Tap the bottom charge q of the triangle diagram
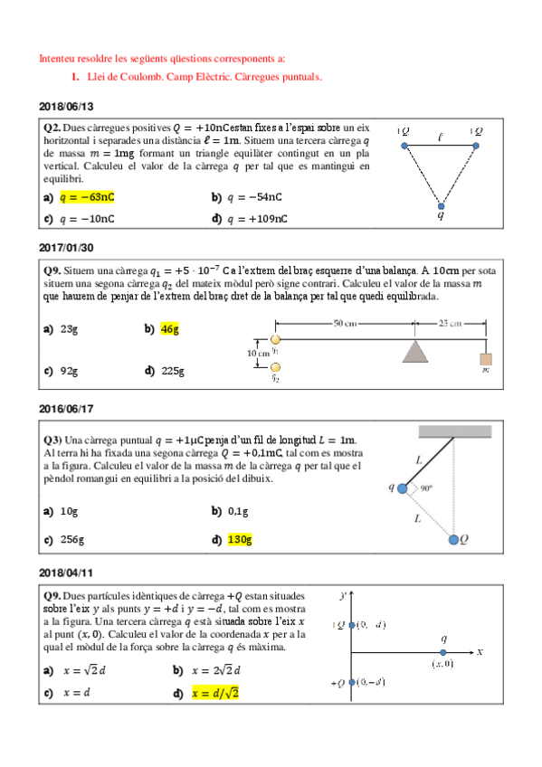[441, 204]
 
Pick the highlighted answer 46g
[169, 330]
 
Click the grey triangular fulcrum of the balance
[415, 352]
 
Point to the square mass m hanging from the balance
[486, 359]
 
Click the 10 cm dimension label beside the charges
[258, 353]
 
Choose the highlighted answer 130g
[239, 540]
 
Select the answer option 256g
[72, 540]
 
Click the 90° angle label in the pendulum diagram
[425, 488]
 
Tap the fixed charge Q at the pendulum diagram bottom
[453, 540]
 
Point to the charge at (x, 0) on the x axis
[442, 651]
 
